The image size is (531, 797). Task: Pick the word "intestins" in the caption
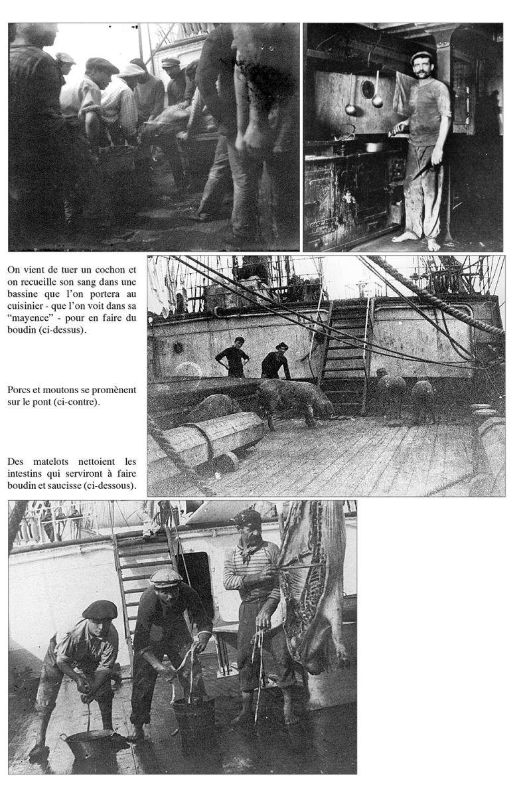click(27, 474)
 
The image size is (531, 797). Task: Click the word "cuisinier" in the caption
click(28, 306)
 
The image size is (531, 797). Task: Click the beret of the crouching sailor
click(100, 609)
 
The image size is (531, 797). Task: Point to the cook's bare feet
click(415, 239)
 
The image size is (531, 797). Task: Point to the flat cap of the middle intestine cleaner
click(166, 577)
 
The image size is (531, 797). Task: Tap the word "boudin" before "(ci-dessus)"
click(23, 329)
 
